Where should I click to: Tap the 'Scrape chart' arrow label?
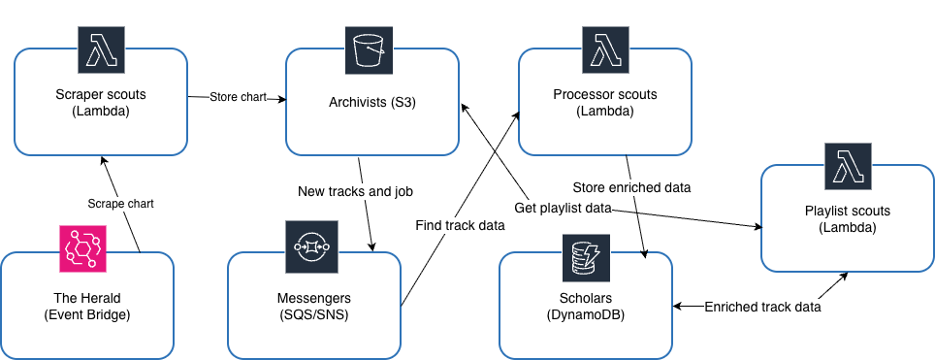pyautogui.click(x=120, y=205)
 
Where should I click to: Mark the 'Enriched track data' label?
pyautogui.click(x=762, y=307)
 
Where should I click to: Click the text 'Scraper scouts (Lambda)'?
pyautogui.click(x=101, y=104)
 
